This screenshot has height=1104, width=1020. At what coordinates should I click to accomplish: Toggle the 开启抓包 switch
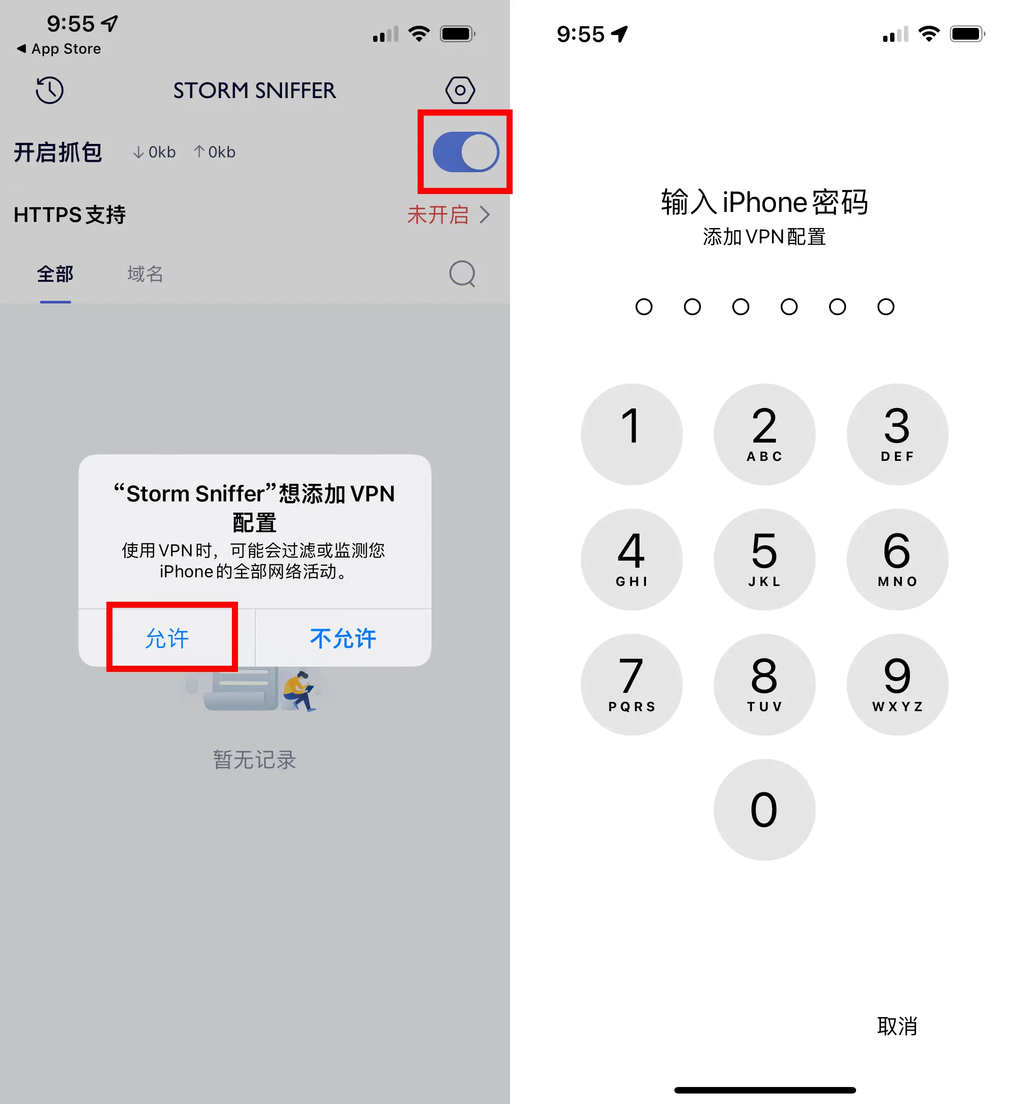[465, 152]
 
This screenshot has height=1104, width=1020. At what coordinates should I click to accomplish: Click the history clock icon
[50, 90]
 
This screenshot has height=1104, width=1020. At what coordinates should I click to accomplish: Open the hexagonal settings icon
[460, 90]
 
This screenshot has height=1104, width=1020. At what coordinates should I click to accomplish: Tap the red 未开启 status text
[438, 215]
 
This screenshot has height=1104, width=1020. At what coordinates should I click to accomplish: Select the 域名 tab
[145, 274]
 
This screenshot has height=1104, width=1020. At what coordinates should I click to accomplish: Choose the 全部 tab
[55, 274]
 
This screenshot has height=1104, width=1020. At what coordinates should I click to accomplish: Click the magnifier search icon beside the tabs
[462, 274]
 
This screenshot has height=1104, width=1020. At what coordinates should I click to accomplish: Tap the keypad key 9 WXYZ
[898, 685]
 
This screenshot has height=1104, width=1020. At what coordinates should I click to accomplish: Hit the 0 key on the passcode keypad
[765, 810]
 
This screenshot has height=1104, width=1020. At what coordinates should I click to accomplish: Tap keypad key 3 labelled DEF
[898, 434]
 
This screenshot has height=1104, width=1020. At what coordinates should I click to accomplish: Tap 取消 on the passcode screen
[897, 1026]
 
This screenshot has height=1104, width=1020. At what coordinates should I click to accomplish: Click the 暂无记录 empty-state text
[255, 760]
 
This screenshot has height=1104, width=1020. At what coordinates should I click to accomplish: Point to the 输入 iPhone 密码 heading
[765, 202]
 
